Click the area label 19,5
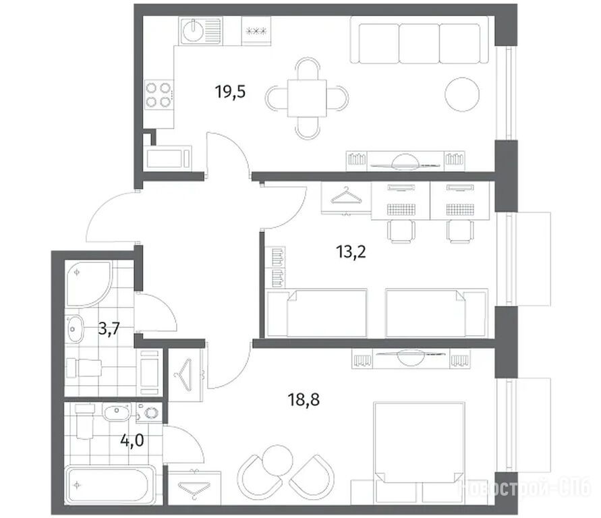[230, 92]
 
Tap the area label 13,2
[351, 252]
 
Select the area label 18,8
[304, 400]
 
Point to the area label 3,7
[109, 328]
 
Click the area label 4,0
[132, 440]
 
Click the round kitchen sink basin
[193, 30]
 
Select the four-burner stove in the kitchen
[159, 95]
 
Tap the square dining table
[307, 98]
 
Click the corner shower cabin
[88, 283]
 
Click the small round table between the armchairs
[277, 460]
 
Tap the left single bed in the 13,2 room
[316, 313]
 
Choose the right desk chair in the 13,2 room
[460, 231]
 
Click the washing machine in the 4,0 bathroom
[149, 413]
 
